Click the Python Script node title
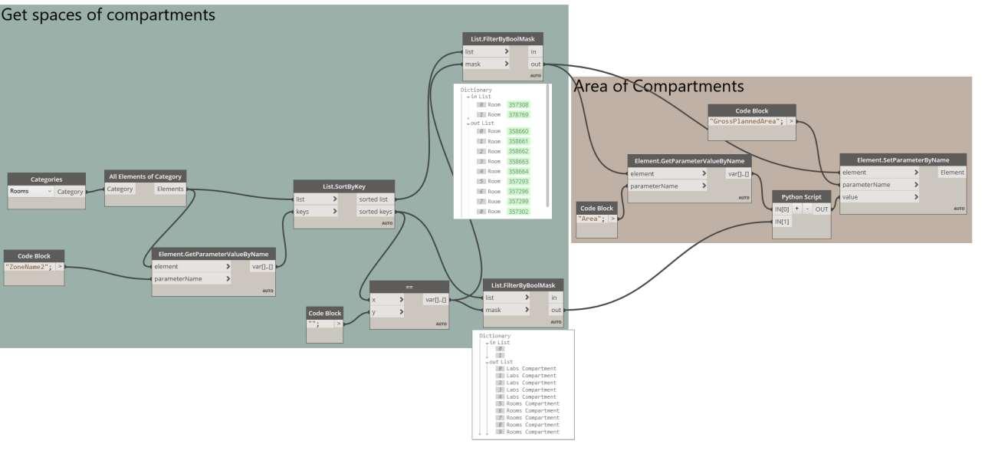(801, 196)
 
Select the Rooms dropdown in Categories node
(31, 191)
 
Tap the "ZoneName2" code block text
(28, 266)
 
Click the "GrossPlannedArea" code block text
(745, 121)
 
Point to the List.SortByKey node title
(344, 186)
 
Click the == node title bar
(409, 286)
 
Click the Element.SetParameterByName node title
(902, 160)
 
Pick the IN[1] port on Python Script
(782, 222)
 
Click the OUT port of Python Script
(821, 209)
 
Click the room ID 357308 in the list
(518, 105)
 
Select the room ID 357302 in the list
(518, 211)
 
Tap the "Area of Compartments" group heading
(658, 87)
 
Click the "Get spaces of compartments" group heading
(108, 15)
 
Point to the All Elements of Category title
(146, 176)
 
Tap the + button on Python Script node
(796, 209)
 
